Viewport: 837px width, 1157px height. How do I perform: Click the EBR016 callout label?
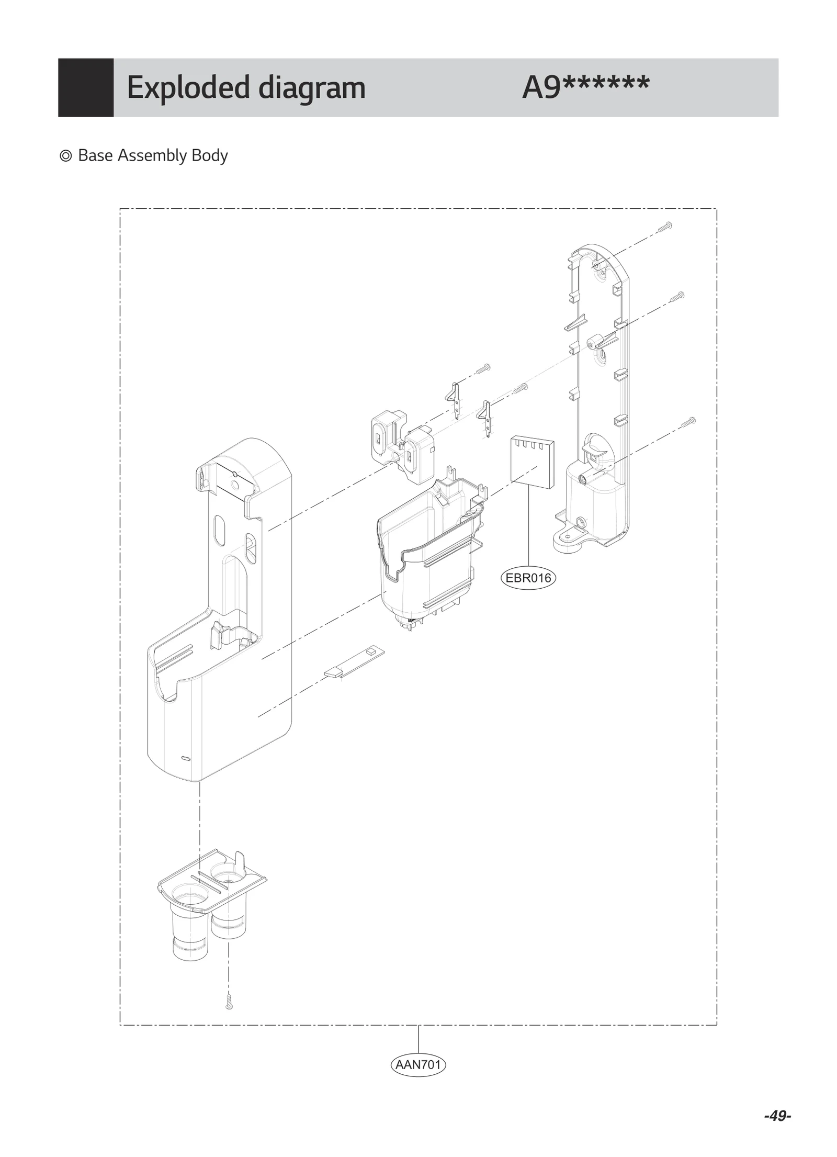coord(528,578)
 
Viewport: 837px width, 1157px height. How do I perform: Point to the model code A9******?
coord(585,87)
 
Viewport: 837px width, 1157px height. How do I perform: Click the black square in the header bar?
coord(86,87)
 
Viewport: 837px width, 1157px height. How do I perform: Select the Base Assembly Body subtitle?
coord(152,155)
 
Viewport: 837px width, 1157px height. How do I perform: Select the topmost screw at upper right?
coord(665,227)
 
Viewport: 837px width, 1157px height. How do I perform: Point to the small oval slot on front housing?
coord(185,758)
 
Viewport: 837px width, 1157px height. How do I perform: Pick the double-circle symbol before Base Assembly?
coord(66,156)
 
